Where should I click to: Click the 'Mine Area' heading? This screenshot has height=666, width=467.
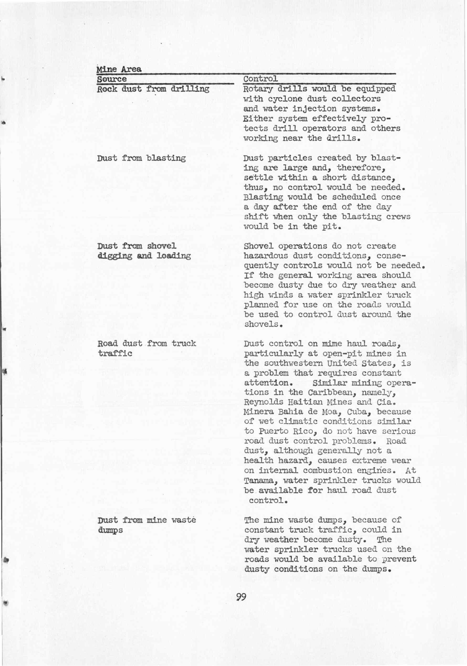[119, 69]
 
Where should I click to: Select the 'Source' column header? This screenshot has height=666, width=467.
[112, 79]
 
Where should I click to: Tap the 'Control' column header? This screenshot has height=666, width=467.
[260, 79]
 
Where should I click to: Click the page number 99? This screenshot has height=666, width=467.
[241, 597]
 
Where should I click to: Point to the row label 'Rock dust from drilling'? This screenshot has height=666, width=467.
[153, 88]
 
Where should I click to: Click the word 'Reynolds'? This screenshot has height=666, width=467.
[263, 402]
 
